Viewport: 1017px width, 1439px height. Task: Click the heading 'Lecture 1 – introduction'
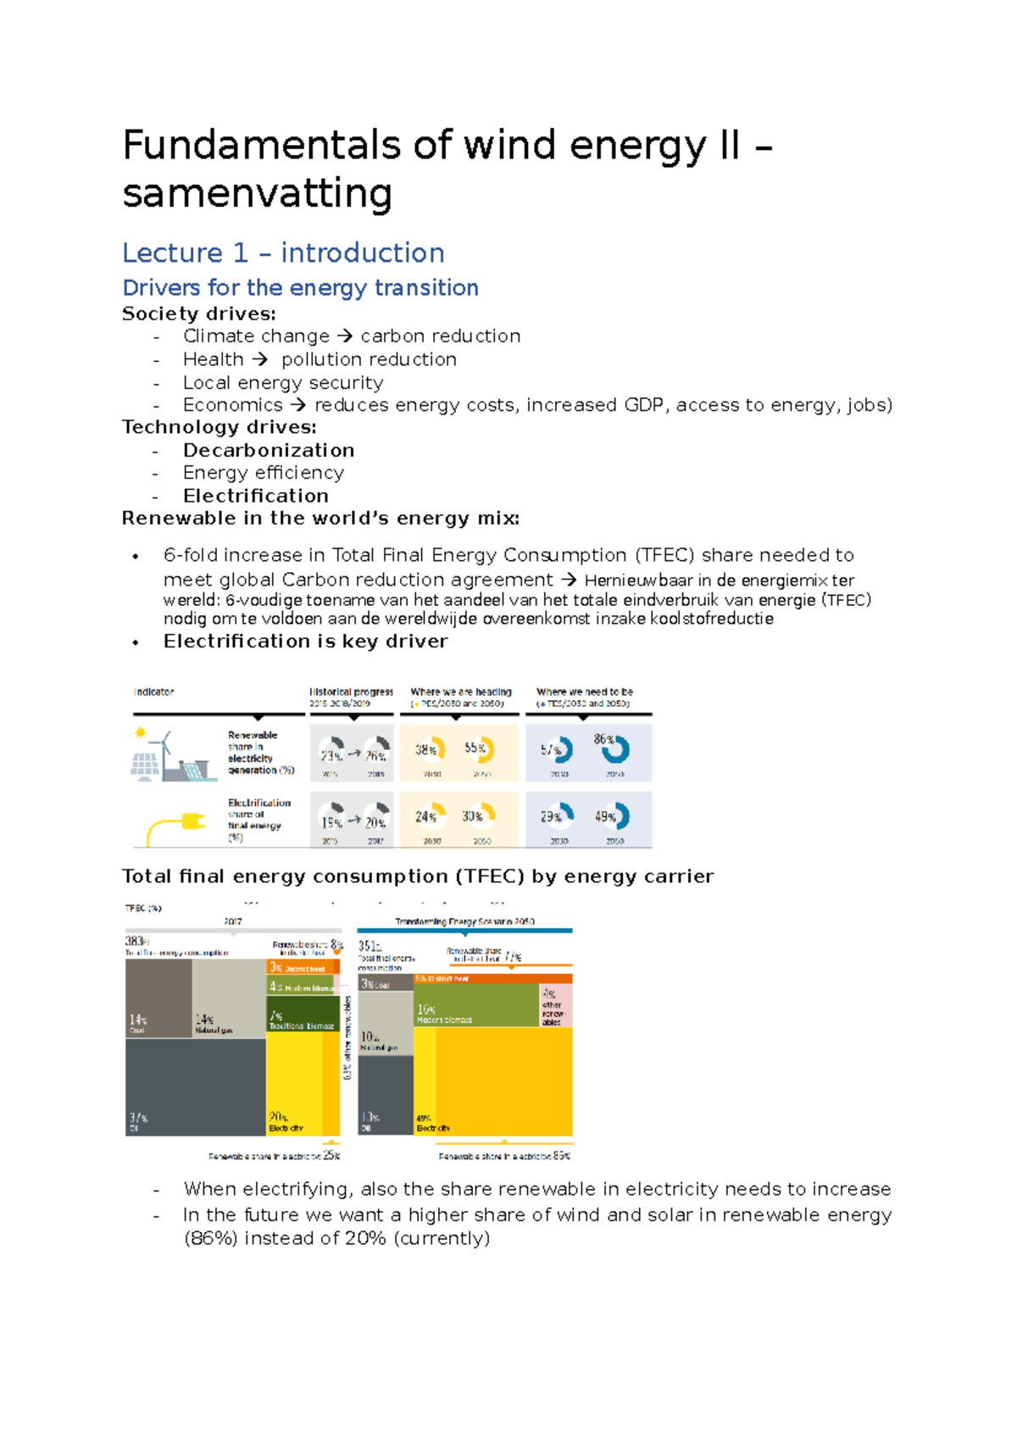pos(283,253)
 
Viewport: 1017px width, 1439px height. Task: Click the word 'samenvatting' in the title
pos(257,193)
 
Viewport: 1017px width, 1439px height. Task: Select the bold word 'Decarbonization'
pos(269,450)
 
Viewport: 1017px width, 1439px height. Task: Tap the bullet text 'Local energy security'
pos(283,382)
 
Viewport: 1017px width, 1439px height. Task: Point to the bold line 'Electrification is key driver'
pos(305,642)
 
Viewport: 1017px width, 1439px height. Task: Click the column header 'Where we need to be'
pos(585,692)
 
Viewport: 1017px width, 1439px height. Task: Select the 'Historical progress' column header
pos(351,692)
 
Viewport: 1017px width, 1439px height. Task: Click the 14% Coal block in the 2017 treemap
pos(158,998)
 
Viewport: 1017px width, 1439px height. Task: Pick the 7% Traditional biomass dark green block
pos(302,1017)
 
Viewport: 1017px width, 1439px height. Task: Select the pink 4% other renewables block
pos(555,1005)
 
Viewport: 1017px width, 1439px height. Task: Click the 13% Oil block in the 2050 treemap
pos(385,1095)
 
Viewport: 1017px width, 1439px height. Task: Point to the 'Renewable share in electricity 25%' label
pos(274,1156)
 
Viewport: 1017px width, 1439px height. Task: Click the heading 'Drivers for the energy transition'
pos(300,288)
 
